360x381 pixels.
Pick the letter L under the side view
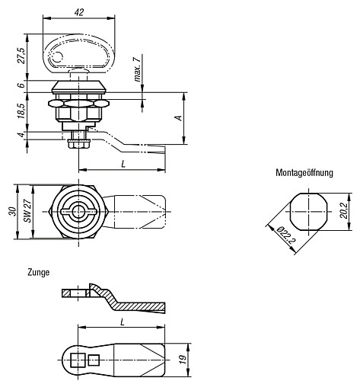[122, 164]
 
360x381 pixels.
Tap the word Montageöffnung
[304, 173]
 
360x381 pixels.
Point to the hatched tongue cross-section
[129, 303]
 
